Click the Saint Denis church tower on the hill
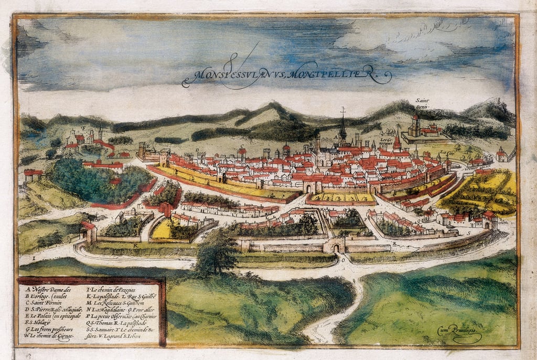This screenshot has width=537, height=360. point(415,126)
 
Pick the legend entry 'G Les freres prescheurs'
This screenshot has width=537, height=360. point(48,330)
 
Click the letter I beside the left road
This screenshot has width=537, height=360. point(34,259)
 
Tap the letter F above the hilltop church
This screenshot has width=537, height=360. point(83,127)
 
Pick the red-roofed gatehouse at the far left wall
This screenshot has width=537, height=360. point(88,231)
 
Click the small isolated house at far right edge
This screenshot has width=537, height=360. point(502,154)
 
